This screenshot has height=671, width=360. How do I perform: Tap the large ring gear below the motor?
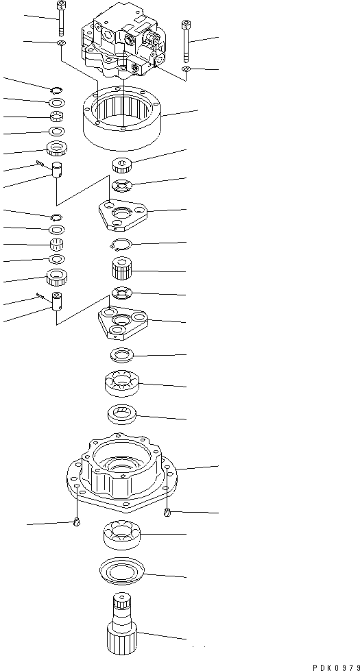tap(121, 119)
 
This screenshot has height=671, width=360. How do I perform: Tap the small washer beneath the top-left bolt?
tap(62, 44)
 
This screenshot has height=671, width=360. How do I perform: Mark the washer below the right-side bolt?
tap(186, 69)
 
